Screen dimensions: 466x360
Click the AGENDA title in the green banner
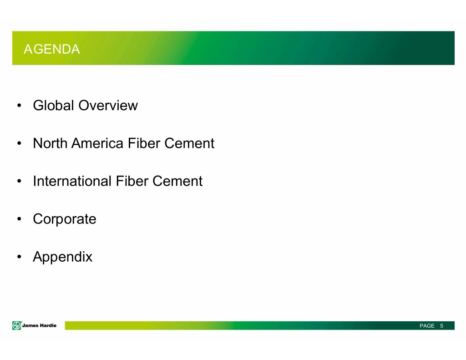coord(52,49)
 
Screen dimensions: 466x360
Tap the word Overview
coord(108,105)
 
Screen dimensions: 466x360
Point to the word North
coord(50,143)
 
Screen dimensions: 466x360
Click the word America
coord(97,143)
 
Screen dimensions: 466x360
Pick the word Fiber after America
coord(144,143)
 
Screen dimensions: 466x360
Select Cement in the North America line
coord(189,143)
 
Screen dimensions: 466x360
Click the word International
coord(72,181)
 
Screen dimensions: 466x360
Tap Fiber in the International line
coord(132,181)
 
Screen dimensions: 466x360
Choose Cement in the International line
coord(177,181)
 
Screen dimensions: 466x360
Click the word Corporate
coord(65,219)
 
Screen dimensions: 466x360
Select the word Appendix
coord(63,257)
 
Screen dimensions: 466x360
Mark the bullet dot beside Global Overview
coord(19,106)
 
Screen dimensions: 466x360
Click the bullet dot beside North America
coord(19,143)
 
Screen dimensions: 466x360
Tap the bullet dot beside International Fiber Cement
coord(19,181)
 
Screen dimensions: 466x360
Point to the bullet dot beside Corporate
coord(19,219)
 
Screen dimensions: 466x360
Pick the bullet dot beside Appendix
coord(19,257)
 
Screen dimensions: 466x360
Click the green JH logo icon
coord(17,325)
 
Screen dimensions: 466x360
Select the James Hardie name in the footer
coord(39,325)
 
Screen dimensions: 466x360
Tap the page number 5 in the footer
coord(441,326)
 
